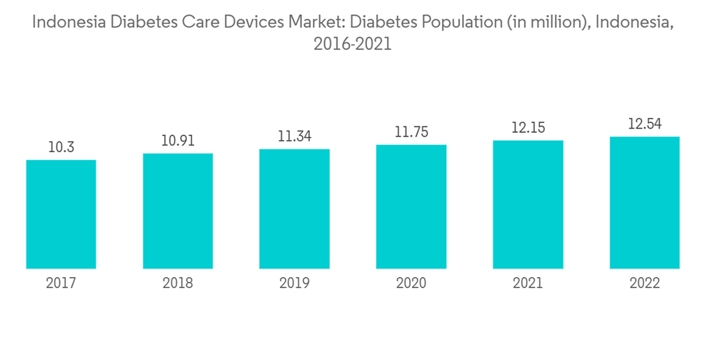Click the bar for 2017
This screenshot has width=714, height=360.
[61, 214]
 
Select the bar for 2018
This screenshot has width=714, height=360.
[178, 211]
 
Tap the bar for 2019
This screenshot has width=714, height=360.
[294, 209]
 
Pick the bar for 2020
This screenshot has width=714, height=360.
[411, 207]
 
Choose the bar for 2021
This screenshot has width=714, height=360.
[528, 204]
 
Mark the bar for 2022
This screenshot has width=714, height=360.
[645, 203]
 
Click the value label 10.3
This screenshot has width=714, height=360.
[61, 147]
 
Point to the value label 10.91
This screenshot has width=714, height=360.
[178, 141]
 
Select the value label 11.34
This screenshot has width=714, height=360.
[294, 136]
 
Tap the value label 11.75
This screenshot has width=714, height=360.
[411, 132]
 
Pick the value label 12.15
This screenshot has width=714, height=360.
[528, 128]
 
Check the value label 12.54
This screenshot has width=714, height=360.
[645, 124]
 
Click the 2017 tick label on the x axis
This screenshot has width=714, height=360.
[61, 284]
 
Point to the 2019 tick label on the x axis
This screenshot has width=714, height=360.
[294, 284]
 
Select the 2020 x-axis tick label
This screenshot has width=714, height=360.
[411, 284]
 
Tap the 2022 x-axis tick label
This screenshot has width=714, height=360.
[645, 284]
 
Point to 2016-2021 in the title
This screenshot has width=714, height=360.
[353, 44]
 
